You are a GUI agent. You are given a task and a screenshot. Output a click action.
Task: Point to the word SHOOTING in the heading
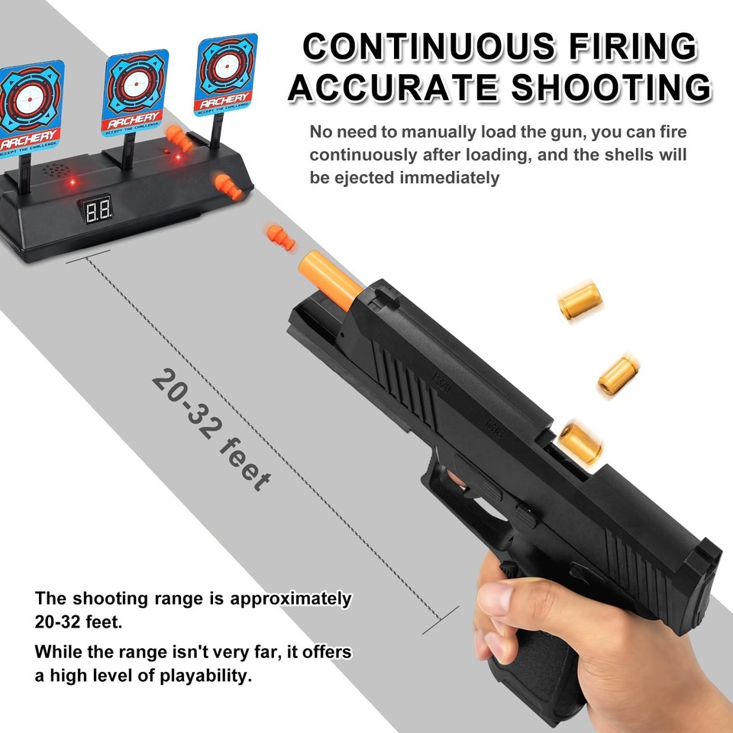point(612,88)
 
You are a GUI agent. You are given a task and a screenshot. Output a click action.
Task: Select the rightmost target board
point(224,73)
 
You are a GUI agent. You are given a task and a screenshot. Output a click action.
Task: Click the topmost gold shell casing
point(580,301)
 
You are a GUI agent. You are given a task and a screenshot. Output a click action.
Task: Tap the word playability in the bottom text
point(200,676)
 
